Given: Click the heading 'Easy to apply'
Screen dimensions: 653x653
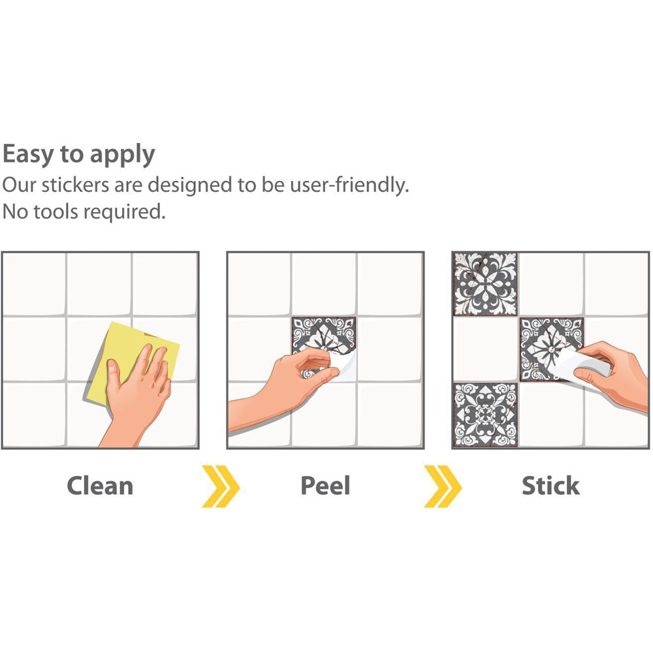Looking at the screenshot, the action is [79, 155].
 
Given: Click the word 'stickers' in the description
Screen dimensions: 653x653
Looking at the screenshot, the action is [75, 185].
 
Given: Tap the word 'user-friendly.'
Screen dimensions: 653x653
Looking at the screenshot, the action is [349, 185].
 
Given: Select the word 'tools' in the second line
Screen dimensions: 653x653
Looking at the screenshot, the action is [56, 212].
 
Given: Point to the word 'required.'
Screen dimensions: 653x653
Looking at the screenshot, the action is [125, 212].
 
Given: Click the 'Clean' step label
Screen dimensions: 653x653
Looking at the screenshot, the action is [100, 486].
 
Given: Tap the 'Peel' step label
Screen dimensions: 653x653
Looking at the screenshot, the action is [325, 486].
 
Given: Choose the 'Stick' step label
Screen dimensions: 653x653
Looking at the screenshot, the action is [550, 486].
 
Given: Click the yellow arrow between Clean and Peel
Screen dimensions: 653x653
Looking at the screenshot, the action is [221, 486].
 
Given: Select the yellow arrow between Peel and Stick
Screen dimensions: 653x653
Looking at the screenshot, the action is [443, 486].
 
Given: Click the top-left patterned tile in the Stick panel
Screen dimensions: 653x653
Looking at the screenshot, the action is [485, 283].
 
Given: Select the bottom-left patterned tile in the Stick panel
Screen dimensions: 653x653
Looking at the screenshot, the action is [485, 415].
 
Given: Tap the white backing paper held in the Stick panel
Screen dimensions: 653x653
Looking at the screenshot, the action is [581, 366].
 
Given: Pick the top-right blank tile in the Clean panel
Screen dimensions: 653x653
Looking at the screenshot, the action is [165, 284].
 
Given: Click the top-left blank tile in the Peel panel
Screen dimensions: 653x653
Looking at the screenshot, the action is [259, 284].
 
